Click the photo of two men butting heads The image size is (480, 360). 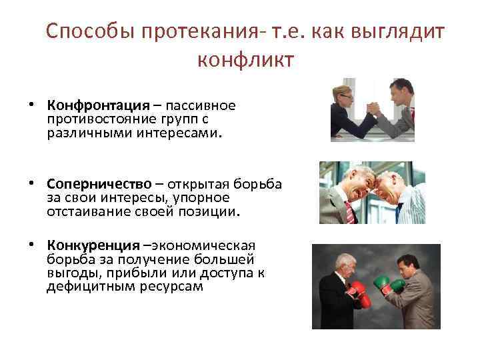tap(371, 193)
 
